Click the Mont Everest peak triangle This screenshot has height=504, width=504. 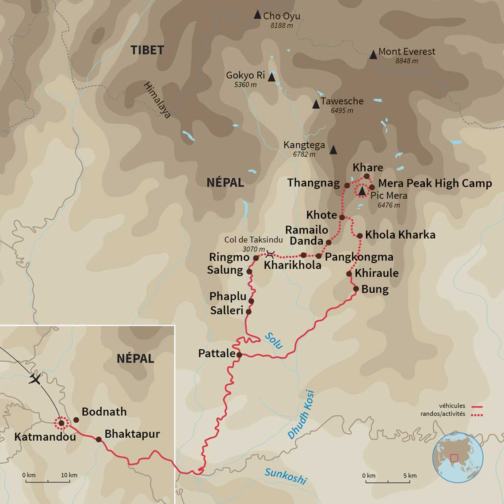(373, 55)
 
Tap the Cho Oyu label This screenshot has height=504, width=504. (281, 16)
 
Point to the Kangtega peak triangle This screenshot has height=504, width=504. (333, 150)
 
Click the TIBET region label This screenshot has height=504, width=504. (147, 50)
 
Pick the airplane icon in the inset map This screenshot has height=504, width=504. (35, 378)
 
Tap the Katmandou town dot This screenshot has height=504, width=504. (61, 423)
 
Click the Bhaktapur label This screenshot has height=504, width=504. (132, 434)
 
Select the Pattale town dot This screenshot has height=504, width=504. (239, 355)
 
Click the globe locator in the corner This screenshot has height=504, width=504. (458, 457)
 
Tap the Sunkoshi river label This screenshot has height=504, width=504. (285, 476)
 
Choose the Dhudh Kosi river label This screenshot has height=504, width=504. (301, 415)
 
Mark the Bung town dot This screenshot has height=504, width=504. (356, 289)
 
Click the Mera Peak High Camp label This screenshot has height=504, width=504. (435, 183)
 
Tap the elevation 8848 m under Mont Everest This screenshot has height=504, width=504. (407, 61)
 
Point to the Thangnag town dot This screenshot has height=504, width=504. (347, 186)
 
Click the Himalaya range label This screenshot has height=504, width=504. (157, 100)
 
